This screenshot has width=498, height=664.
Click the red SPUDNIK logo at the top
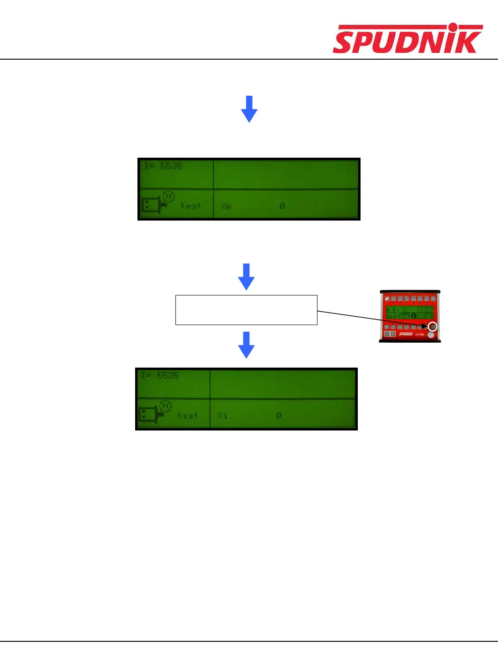point(407,39)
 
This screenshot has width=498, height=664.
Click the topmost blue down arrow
point(249,109)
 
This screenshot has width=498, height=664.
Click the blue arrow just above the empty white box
point(246,277)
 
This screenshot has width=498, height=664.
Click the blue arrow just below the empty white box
point(246,344)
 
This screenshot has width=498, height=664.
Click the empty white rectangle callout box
point(246,310)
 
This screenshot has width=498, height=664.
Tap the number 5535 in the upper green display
point(171,166)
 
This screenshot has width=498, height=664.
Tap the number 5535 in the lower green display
point(168,375)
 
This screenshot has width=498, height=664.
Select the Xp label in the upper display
point(226,206)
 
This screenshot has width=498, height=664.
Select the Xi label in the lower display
point(223,416)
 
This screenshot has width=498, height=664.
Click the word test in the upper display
point(191,206)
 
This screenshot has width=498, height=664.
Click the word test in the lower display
point(187,416)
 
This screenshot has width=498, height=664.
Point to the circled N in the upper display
point(168,197)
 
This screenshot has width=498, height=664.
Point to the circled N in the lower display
point(165,406)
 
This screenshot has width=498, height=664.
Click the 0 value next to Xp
point(282,206)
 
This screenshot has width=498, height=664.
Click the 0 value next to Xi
point(279,416)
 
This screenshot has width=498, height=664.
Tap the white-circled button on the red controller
point(432,326)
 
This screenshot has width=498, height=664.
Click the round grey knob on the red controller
point(431,334)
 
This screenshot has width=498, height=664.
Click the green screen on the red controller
point(410,312)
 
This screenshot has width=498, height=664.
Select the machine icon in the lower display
point(149,414)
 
